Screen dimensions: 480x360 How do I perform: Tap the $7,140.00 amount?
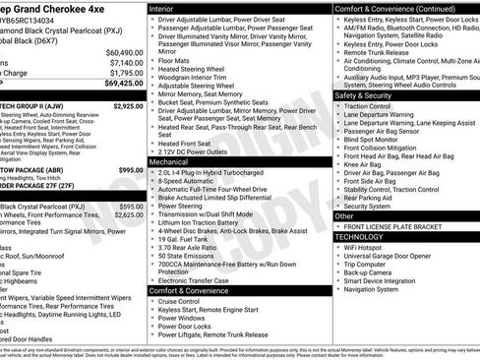coord(125,62)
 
